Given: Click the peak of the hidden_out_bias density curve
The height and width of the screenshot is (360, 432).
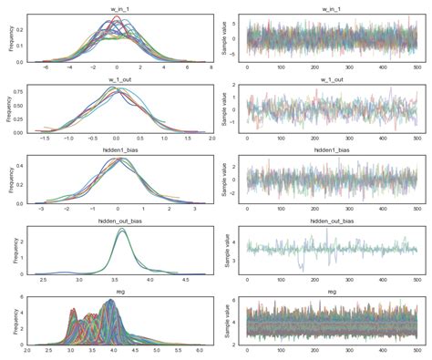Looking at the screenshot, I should click(x=121, y=230).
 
